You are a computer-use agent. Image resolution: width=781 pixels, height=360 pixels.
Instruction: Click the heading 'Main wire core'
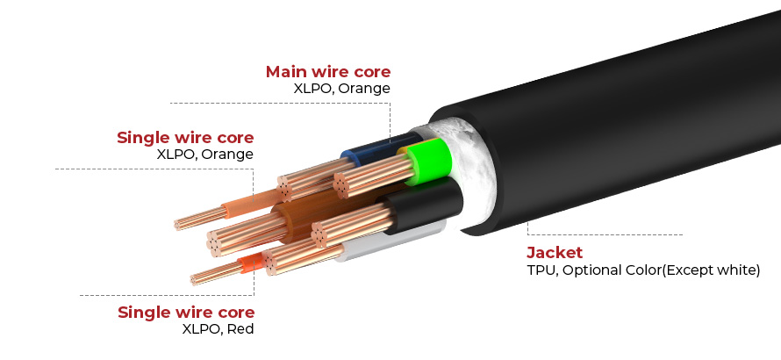pos(327,71)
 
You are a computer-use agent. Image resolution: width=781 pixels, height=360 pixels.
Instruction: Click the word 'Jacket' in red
pos(555,253)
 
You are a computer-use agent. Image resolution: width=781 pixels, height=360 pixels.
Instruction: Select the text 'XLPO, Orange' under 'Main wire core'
pos(342,88)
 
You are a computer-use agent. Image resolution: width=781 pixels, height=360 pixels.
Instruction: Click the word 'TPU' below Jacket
pos(541,270)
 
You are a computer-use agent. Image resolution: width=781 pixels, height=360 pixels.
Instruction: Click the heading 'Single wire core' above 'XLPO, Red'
pos(186,313)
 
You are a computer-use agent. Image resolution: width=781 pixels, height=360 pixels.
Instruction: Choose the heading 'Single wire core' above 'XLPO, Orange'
pos(185,138)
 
